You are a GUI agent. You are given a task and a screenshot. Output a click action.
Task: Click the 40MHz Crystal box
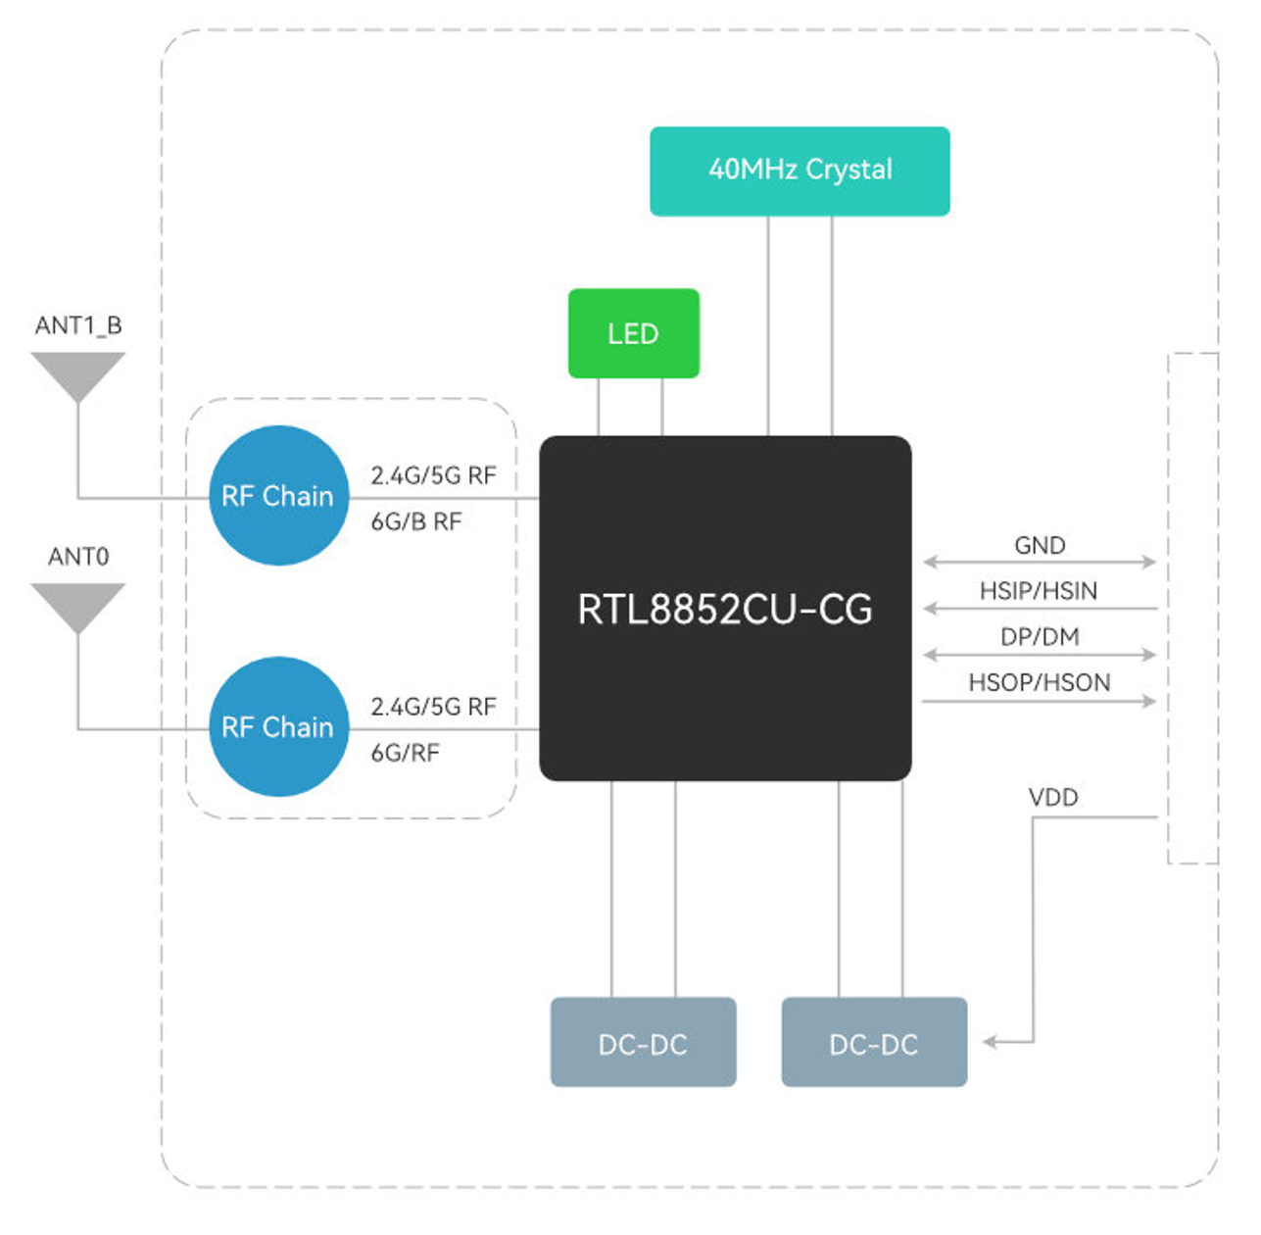800,171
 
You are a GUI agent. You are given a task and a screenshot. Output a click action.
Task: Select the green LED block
633,333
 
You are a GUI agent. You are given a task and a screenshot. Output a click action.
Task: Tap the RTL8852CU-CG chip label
724,610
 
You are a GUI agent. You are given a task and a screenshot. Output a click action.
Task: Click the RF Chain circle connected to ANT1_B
278,496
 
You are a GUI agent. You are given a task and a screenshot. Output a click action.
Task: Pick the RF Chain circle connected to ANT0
278,726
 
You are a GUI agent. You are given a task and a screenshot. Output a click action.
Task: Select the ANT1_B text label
78,325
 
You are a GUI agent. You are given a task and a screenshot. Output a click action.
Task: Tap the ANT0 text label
78,557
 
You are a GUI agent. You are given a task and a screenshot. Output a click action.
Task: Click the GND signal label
1040,545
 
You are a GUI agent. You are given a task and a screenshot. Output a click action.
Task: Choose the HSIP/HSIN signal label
1039,591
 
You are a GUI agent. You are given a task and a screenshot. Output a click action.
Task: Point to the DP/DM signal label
1040,637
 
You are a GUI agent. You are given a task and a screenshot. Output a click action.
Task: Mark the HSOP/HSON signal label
1040,682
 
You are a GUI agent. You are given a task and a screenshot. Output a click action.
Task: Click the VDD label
1053,797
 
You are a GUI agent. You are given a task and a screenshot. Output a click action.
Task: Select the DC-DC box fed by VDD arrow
874,1043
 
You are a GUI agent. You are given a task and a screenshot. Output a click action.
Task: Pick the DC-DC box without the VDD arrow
643,1043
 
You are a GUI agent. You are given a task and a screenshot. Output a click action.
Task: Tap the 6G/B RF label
415,521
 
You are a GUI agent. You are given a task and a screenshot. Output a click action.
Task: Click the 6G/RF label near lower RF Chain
405,753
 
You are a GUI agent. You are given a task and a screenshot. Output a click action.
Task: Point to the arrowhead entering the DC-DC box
991,1041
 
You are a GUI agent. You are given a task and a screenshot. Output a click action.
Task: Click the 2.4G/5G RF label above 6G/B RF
433,475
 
